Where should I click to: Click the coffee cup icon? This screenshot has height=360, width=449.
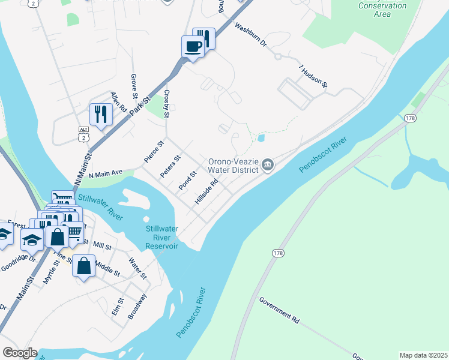pos(193,47)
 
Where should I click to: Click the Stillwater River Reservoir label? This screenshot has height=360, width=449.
pos(162,238)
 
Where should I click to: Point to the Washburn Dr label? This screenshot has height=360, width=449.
pos(250,36)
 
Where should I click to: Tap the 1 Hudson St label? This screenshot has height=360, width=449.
pos(313,77)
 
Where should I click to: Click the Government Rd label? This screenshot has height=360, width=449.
pos(279,310)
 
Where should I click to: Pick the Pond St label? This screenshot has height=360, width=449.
pos(188,181)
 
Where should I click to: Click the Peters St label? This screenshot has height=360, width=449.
pos(170,167)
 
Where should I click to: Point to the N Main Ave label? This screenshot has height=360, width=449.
pos(106,174)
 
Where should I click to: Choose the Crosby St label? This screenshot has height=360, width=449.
pos(167,104)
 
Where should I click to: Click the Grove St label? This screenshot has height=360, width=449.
pos(134,88)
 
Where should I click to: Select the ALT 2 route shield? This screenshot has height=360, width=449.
pos(83,133)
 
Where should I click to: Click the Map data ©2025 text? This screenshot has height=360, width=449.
pos(423,355)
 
